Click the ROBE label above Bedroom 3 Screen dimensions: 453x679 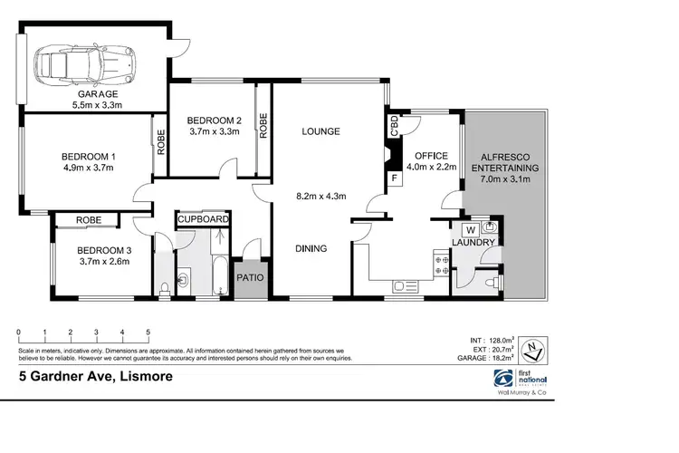(x=88, y=220)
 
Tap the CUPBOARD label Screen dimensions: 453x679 (x=203, y=219)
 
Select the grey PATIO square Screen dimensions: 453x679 (x=249, y=278)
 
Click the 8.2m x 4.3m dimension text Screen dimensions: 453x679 (x=322, y=194)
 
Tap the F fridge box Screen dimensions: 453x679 (x=394, y=178)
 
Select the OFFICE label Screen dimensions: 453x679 (x=431, y=155)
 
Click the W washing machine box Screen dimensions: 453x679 (x=472, y=228)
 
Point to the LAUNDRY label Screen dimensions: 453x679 (x=473, y=243)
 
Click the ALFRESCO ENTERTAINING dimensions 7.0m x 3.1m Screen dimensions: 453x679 (x=505, y=181)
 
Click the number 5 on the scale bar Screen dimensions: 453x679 (x=148, y=333)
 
